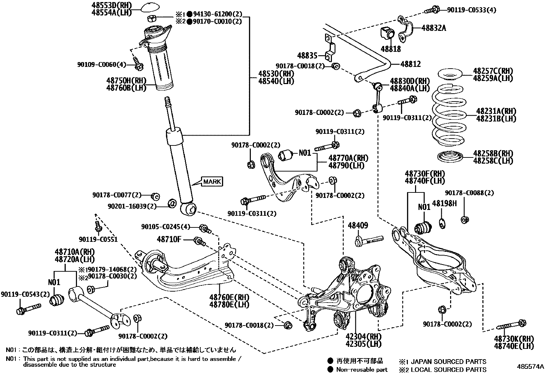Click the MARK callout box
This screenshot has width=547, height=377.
212,181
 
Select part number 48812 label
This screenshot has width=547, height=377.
410,64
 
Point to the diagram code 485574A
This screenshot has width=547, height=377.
531,366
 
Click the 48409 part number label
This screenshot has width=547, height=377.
358,225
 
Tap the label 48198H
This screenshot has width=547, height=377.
444,203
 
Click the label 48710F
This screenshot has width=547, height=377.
169,239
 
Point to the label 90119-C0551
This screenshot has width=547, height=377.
98,239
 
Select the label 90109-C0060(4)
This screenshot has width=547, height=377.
101,64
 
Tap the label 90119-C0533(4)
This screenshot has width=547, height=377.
471,10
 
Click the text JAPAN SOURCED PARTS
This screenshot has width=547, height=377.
448,361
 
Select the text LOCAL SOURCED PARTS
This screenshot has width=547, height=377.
448,369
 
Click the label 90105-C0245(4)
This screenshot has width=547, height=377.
165,227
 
